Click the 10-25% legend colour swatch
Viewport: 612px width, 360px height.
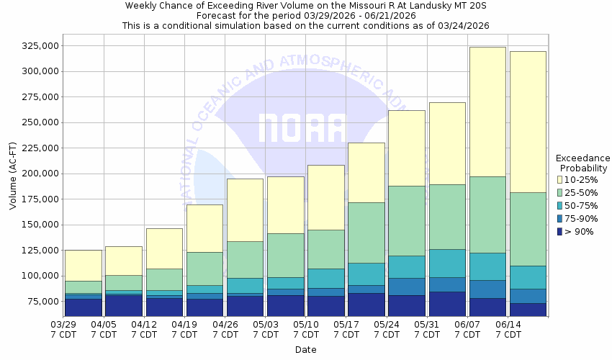(559, 179)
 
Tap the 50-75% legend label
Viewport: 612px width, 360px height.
(580, 205)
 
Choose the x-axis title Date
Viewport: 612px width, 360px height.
(305, 350)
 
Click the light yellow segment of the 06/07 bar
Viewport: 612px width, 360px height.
(487, 112)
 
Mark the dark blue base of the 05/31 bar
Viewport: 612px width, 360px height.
(447, 303)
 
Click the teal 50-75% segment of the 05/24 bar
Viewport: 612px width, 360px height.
(407, 266)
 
